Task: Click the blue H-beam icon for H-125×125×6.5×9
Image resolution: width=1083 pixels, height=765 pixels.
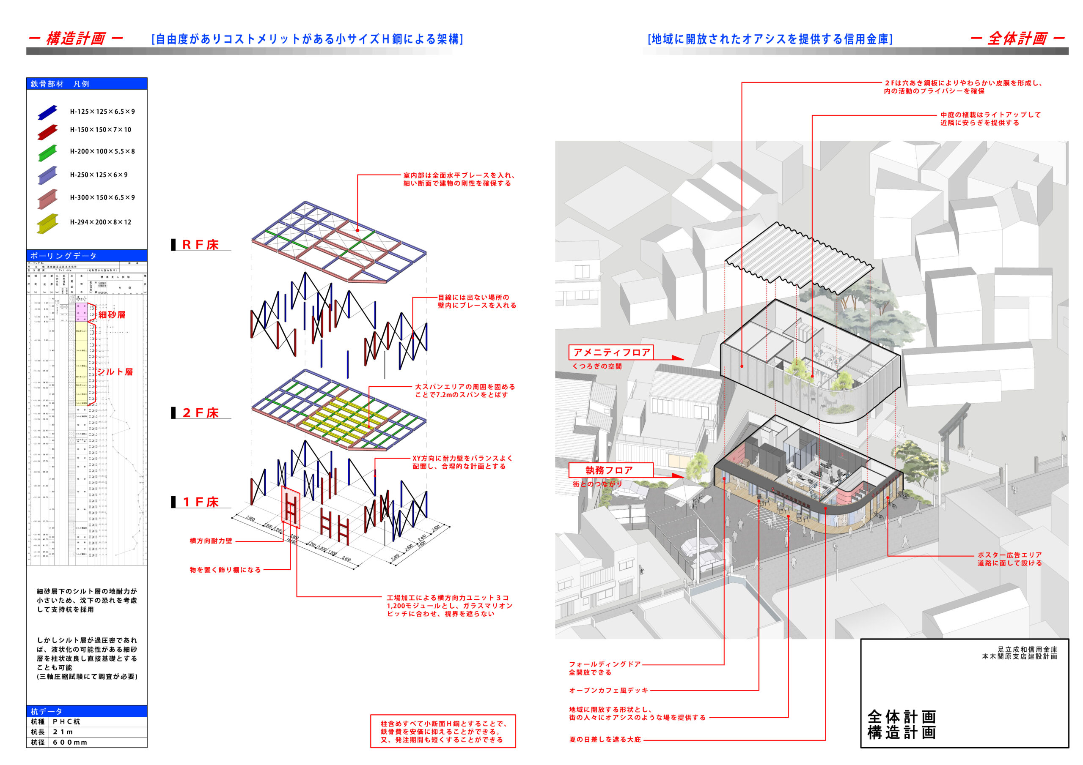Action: (x=48, y=112)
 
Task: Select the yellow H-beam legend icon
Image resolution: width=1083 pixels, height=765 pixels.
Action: (x=48, y=223)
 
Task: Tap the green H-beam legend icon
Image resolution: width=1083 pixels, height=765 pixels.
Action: (x=48, y=152)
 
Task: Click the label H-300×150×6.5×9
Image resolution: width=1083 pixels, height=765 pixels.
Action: (x=102, y=197)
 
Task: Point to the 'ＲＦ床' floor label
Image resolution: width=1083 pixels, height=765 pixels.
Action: (x=201, y=245)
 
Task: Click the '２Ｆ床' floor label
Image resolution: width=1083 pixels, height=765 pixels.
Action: (x=201, y=413)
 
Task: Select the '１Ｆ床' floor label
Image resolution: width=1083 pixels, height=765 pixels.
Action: (x=201, y=502)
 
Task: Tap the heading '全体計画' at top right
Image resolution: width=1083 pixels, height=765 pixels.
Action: (x=1017, y=38)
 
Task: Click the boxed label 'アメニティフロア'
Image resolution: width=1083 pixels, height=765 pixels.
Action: (x=611, y=352)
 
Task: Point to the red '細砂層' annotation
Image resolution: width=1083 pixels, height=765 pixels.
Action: (x=112, y=314)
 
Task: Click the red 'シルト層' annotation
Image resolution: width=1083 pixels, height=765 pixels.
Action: (x=115, y=372)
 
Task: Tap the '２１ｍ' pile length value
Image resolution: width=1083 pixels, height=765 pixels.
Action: (x=63, y=732)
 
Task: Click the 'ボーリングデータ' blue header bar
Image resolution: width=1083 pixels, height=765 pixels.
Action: (x=87, y=255)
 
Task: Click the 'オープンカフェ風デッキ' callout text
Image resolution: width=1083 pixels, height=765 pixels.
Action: (x=608, y=691)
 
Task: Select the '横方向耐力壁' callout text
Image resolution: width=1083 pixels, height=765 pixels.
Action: (x=211, y=541)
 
